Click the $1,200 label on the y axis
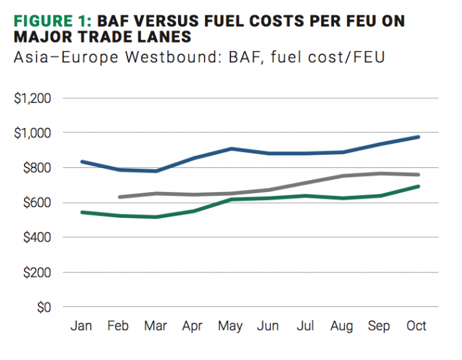pyautogui.click(x=32, y=98)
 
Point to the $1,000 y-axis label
pyautogui.click(x=32, y=133)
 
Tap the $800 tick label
pyautogui.click(x=35, y=168)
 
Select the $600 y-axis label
pyautogui.click(x=35, y=203)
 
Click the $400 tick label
pyautogui.click(x=35, y=237)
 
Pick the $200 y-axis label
pyautogui.click(x=35, y=272)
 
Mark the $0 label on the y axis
pyautogui.click(x=42, y=307)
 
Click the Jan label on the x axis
pyautogui.click(x=81, y=326)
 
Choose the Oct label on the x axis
pyautogui.click(x=416, y=326)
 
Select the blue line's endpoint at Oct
pyautogui.click(x=418, y=137)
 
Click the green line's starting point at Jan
pyautogui.click(x=82, y=212)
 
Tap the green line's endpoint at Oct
pyautogui.click(x=418, y=186)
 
